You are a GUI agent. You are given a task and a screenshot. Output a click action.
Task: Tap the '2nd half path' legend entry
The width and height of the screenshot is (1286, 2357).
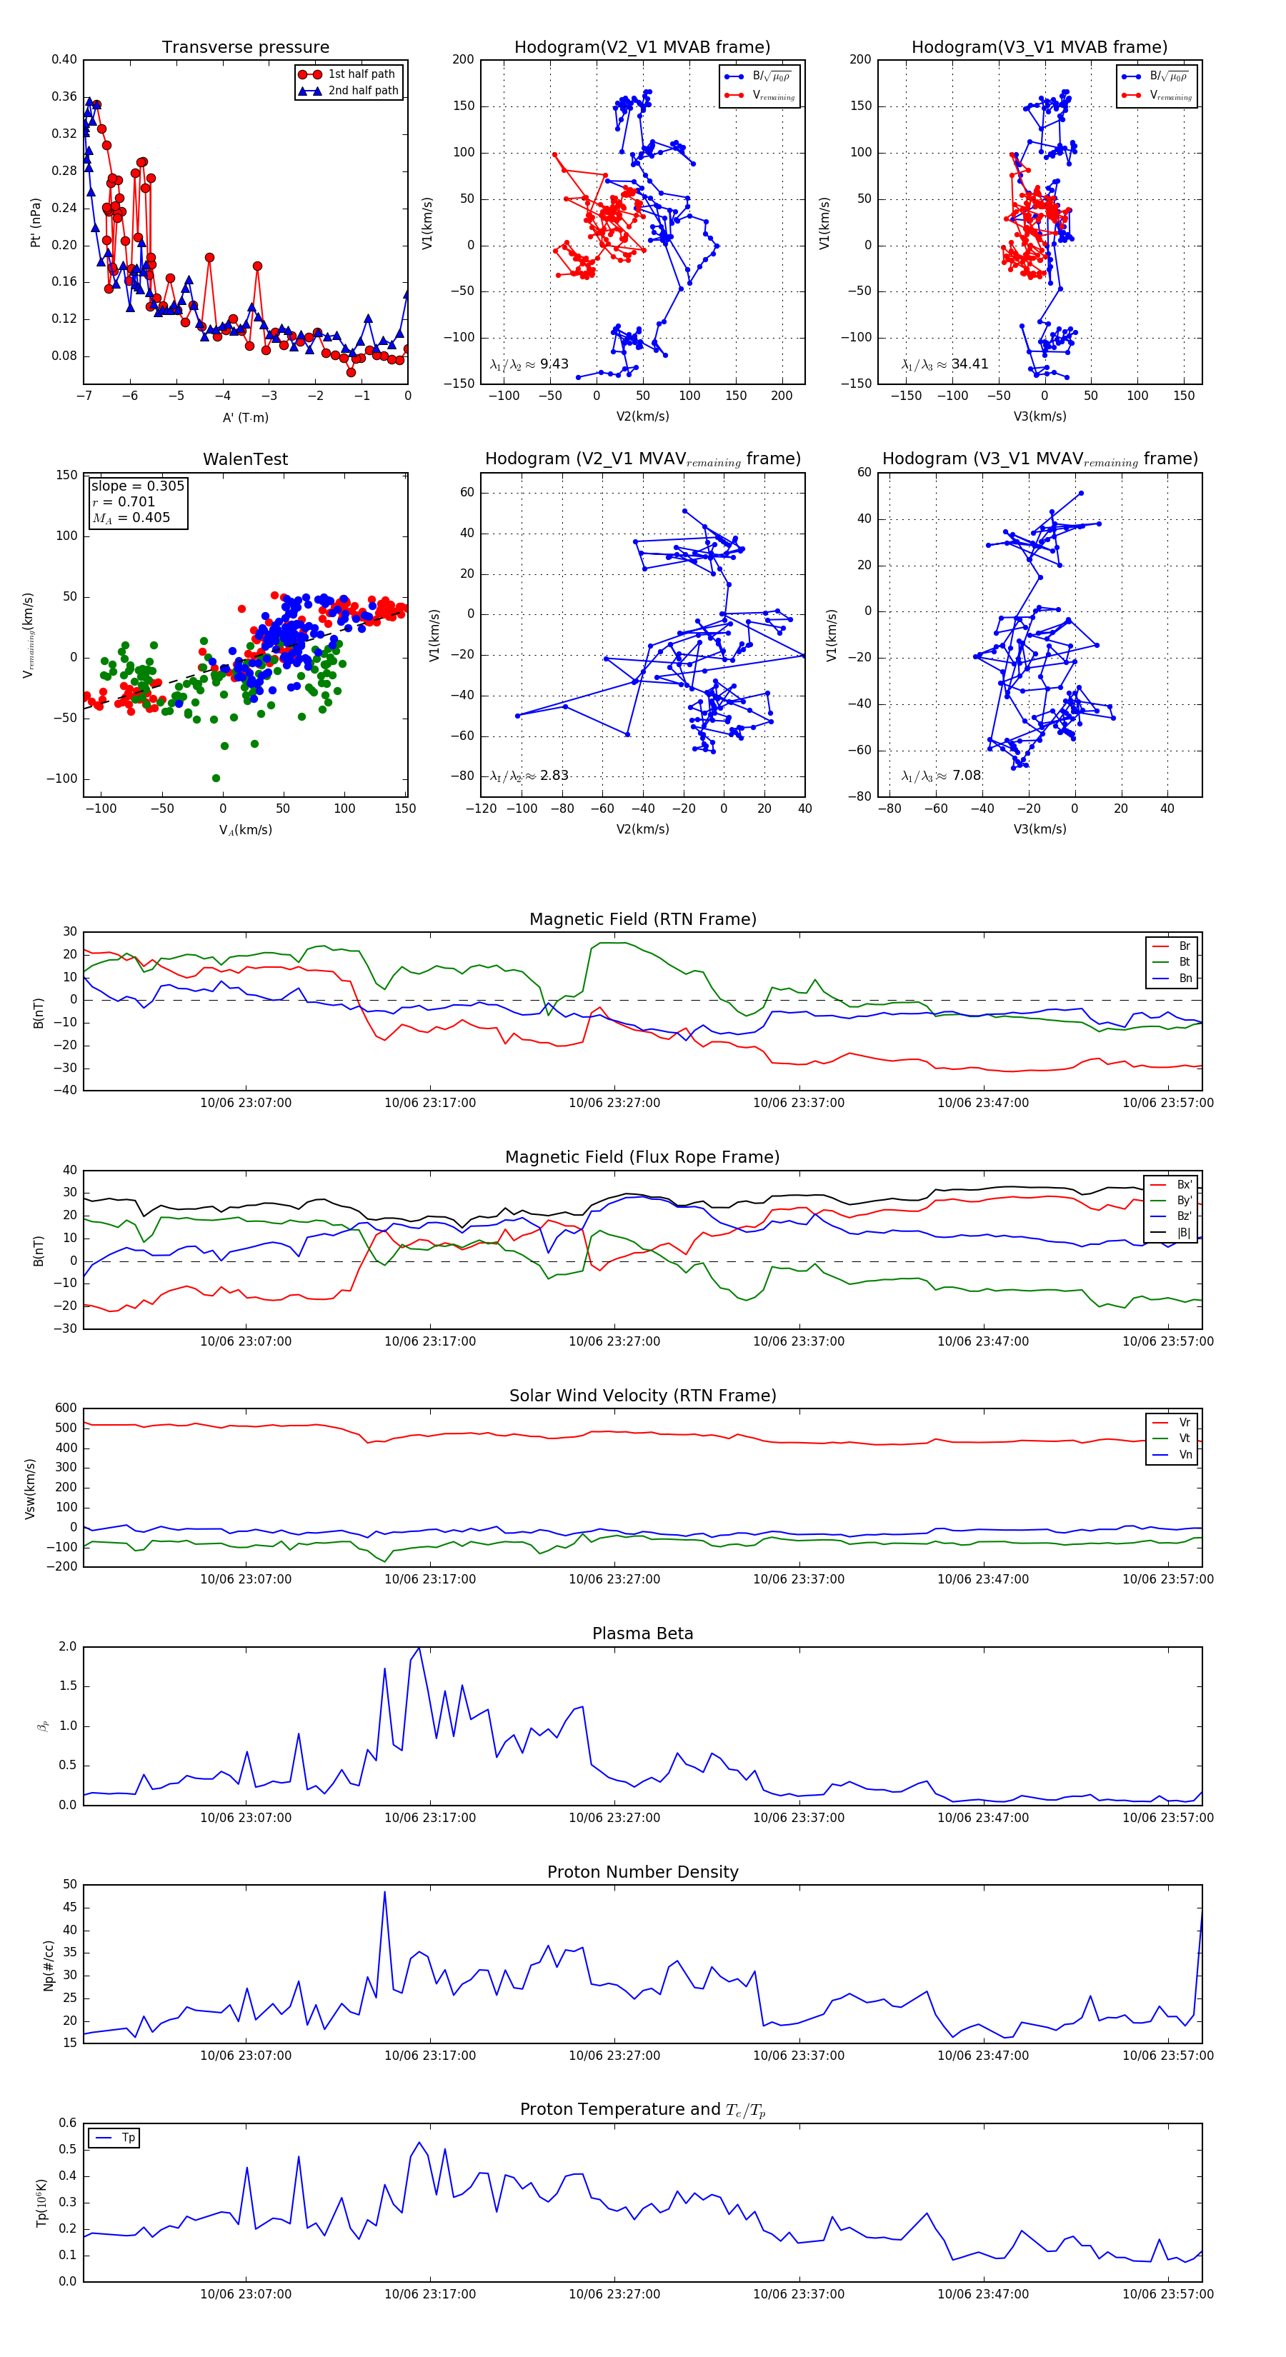point(362,91)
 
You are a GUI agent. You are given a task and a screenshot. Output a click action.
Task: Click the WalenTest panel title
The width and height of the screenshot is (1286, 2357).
point(245,459)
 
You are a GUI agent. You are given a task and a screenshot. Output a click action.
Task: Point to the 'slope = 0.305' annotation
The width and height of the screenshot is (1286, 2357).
point(137,486)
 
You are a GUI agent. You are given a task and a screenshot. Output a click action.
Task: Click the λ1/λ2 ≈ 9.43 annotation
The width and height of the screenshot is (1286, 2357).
point(529,364)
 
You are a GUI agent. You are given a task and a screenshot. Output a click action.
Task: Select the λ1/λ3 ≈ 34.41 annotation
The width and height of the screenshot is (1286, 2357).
point(944,364)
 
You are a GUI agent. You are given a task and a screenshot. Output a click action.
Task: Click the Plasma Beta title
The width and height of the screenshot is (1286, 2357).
point(642,1634)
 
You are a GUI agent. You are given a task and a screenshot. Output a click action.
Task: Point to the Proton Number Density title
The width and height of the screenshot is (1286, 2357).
point(642,1872)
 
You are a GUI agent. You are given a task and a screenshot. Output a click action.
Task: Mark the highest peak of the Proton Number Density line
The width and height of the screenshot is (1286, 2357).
point(384,1892)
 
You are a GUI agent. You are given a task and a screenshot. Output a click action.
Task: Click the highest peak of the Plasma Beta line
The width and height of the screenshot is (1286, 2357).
point(419,1648)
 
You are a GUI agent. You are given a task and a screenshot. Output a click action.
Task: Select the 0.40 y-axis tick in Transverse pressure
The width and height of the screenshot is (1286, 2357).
point(64,59)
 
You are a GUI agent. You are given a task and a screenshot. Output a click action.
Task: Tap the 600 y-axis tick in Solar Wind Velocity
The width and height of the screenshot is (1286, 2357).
point(66,1408)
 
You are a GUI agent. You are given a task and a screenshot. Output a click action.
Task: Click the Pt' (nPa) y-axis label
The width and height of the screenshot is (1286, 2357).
point(36,222)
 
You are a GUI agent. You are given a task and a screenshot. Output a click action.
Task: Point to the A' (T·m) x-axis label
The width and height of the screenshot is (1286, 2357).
point(245,417)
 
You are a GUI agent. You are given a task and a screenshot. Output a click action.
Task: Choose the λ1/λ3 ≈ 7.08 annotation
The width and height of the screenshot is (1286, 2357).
point(941,776)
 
